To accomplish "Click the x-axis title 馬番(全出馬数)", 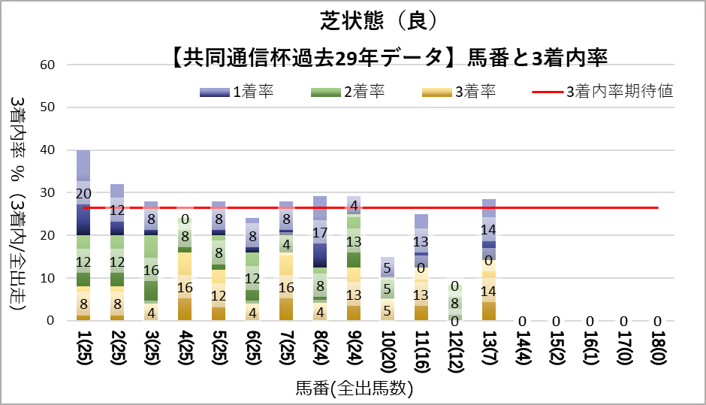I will [355, 388].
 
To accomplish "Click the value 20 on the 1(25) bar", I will [83, 193].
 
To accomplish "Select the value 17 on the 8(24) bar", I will [320, 232].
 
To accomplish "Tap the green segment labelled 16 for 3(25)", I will [151, 270].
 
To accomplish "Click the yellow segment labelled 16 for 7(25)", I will [286, 286].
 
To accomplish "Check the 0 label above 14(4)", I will [523, 321].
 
